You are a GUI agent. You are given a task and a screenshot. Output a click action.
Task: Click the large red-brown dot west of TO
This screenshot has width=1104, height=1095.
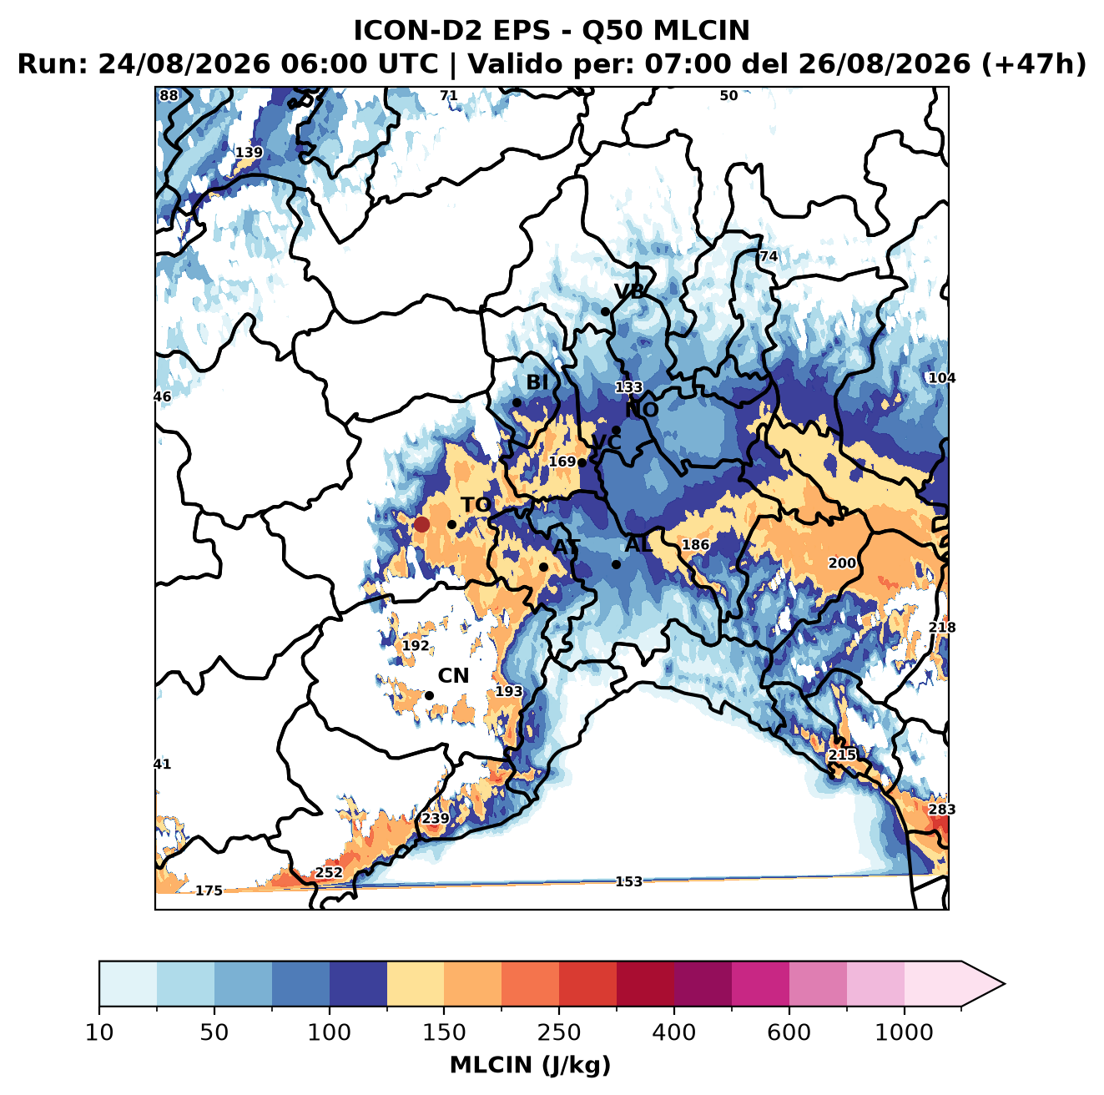[421, 524]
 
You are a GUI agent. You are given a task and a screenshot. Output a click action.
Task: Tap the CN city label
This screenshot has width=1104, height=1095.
[453, 676]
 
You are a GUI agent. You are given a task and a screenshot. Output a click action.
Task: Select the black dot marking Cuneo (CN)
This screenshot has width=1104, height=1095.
[429, 695]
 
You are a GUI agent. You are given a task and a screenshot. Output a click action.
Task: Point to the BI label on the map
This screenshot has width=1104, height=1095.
[537, 382]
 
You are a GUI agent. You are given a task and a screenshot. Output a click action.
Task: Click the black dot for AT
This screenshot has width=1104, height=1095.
[544, 568]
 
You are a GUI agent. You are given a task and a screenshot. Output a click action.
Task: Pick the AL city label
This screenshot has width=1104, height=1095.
[638, 544]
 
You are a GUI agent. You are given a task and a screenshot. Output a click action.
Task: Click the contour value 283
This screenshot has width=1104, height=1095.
[942, 809]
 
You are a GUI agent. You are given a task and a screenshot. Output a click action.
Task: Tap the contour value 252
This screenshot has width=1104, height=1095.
[329, 872]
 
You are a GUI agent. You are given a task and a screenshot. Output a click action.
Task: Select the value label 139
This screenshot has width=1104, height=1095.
[250, 153]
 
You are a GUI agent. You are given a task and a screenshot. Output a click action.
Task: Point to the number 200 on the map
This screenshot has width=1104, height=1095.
[842, 563]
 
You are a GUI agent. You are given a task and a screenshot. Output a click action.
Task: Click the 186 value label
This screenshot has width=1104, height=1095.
[695, 544]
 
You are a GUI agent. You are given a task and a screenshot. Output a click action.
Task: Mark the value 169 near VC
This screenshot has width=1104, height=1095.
[562, 462]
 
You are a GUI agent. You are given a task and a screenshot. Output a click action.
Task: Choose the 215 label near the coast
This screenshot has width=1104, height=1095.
[842, 754]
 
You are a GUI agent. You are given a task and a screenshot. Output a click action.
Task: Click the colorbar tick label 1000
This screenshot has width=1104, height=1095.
[904, 1032]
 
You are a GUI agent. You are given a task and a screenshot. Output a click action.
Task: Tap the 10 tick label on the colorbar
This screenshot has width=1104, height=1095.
[99, 1032]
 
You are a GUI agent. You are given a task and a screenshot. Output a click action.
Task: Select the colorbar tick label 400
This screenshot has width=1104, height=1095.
[673, 1032]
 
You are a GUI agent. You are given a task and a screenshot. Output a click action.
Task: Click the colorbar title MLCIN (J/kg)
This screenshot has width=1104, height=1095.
[530, 1065]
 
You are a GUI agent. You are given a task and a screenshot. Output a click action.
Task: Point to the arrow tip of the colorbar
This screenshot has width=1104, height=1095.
[1005, 985]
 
